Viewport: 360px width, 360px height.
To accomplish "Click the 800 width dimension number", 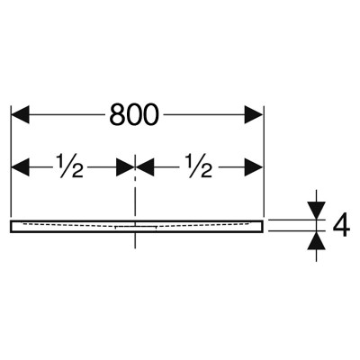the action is [x=133, y=114].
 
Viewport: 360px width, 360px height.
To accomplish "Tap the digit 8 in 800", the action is [x=117, y=114].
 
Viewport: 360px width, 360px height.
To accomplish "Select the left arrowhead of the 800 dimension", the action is [x=20, y=114].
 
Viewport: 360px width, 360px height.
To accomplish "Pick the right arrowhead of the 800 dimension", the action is [x=254, y=114].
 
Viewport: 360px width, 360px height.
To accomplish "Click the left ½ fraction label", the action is [x=70, y=166].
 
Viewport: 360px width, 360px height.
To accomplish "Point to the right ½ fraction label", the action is [x=200, y=166].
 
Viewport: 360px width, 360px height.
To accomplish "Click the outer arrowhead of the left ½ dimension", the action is [x=20, y=166].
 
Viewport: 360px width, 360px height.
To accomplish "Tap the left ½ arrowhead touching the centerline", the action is [x=125, y=166].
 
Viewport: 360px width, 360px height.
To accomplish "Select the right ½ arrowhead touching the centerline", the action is [x=145, y=166].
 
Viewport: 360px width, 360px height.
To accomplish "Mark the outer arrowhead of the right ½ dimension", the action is [x=254, y=166].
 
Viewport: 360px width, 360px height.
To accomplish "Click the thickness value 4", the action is [x=341, y=225].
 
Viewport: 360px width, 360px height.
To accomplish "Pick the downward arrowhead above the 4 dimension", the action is [x=317, y=211].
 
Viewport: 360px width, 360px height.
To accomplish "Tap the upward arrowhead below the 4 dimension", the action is [x=317, y=240].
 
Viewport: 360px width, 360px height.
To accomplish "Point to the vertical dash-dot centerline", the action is [x=135, y=202].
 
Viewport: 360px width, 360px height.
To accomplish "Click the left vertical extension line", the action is [x=11, y=161].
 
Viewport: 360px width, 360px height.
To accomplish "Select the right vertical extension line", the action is [x=264, y=161].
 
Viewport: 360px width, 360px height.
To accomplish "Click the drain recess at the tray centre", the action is [x=136, y=227].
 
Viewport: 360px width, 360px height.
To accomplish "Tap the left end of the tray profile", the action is [x=11, y=226].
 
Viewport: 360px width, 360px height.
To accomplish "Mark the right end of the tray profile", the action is [x=263, y=226].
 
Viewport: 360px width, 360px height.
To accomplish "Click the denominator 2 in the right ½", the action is [x=205, y=172].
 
